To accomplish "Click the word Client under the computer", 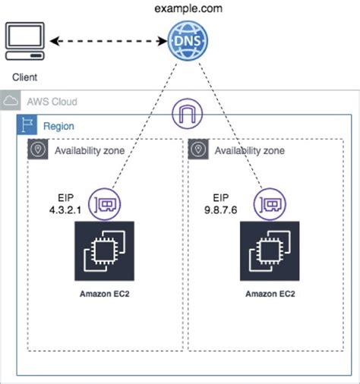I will click(24, 77).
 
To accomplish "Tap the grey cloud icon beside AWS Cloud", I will click(11, 102).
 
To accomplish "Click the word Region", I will click(58, 126).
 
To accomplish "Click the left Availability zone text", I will click(88, 150).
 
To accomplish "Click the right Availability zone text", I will click(249, 150).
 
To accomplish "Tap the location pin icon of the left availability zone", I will click(36, 150).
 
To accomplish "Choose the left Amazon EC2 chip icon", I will click(103, 251).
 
